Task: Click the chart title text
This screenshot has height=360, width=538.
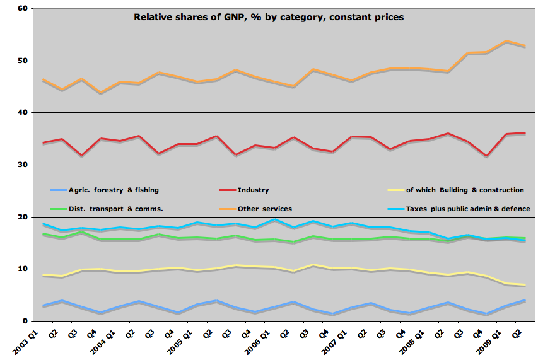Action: coord(269,17)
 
